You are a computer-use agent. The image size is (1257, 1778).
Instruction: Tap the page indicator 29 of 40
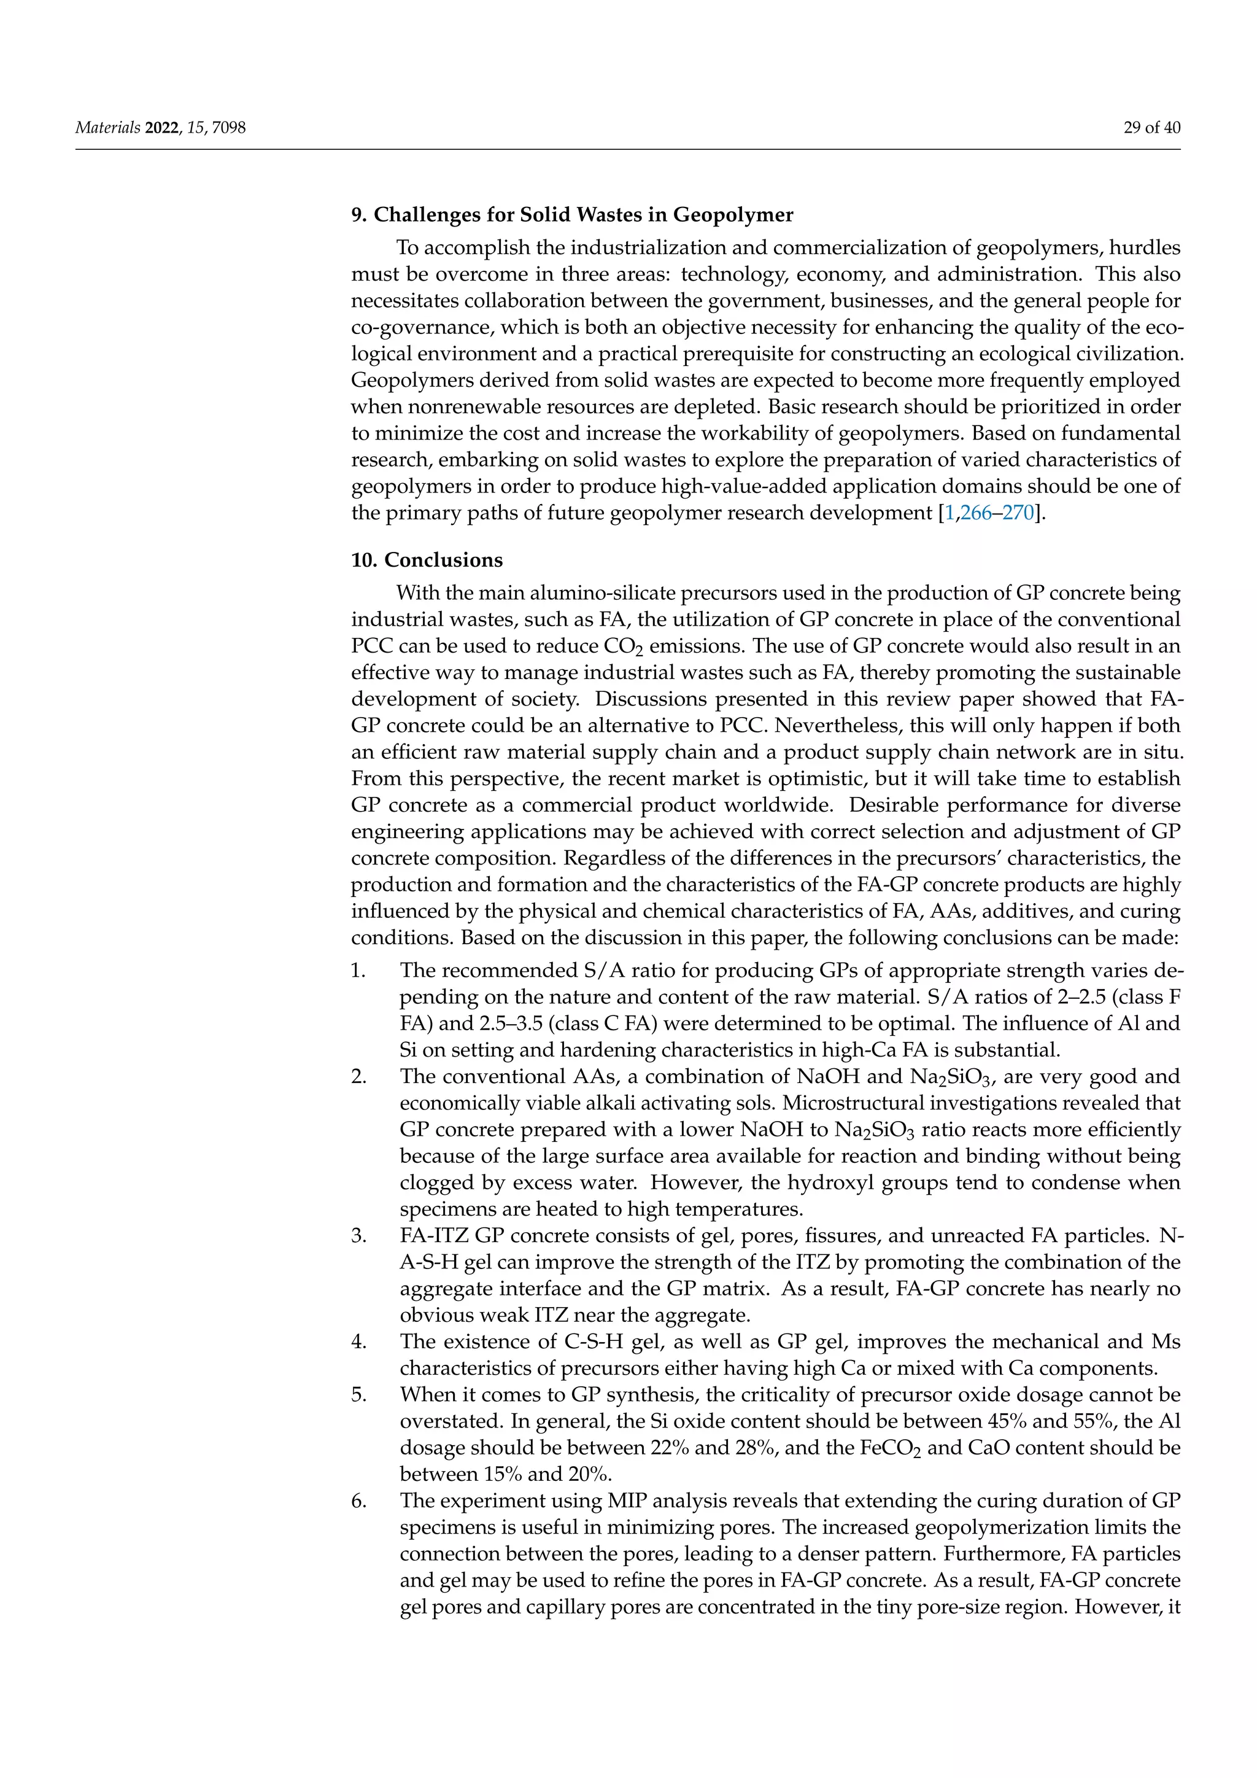pos(1151,128)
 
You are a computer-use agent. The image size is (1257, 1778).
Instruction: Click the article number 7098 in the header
pos(228,128)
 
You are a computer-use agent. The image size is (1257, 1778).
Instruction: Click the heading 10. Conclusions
pos(427,560)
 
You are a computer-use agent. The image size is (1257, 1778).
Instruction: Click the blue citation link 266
pos(976,513)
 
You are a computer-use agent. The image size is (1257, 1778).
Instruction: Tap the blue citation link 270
pos(1019,513)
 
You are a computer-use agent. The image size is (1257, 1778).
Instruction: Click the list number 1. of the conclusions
pos(358,970)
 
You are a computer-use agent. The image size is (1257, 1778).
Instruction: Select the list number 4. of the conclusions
pos(358,1341)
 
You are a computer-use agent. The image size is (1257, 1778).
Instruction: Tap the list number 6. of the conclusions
pos(358,1500)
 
